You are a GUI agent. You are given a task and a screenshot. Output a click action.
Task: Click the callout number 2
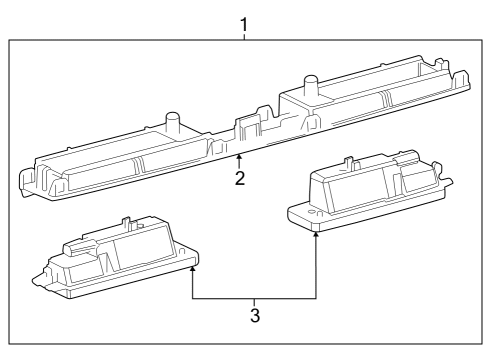pyautogui.click(x=240, y=179)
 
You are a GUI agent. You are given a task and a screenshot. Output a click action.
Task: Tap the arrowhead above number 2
pyautogui.click(x=240, y=159)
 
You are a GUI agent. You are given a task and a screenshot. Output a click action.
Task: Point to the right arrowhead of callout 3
pyautogui.click(x=317, y=233)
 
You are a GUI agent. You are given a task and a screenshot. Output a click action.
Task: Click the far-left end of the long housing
pyautogui.click(x=25, y=181)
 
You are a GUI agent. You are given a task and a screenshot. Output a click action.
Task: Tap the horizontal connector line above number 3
pyautogui.click(x=255, y=299)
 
